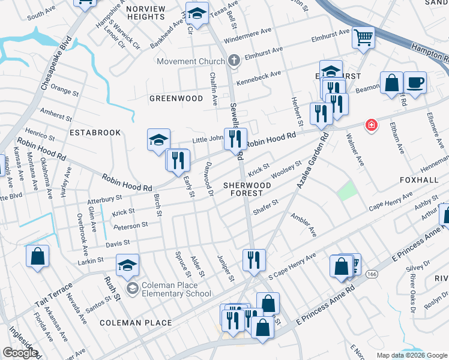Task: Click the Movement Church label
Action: (x=190, y=61)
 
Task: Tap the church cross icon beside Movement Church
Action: (x=234, y=61)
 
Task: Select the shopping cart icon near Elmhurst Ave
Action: (x=363, y=38)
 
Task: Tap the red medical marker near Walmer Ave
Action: (x=372, y=125)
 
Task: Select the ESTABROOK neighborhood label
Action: (x=95, y=132)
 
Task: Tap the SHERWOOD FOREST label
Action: (x=247, y=189)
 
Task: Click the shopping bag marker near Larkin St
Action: (x=37, y=256)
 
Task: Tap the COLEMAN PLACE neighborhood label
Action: (x=128, y=322)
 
